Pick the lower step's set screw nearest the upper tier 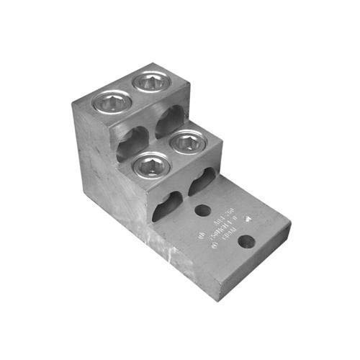pyautogui.click(x=185, y=140)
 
